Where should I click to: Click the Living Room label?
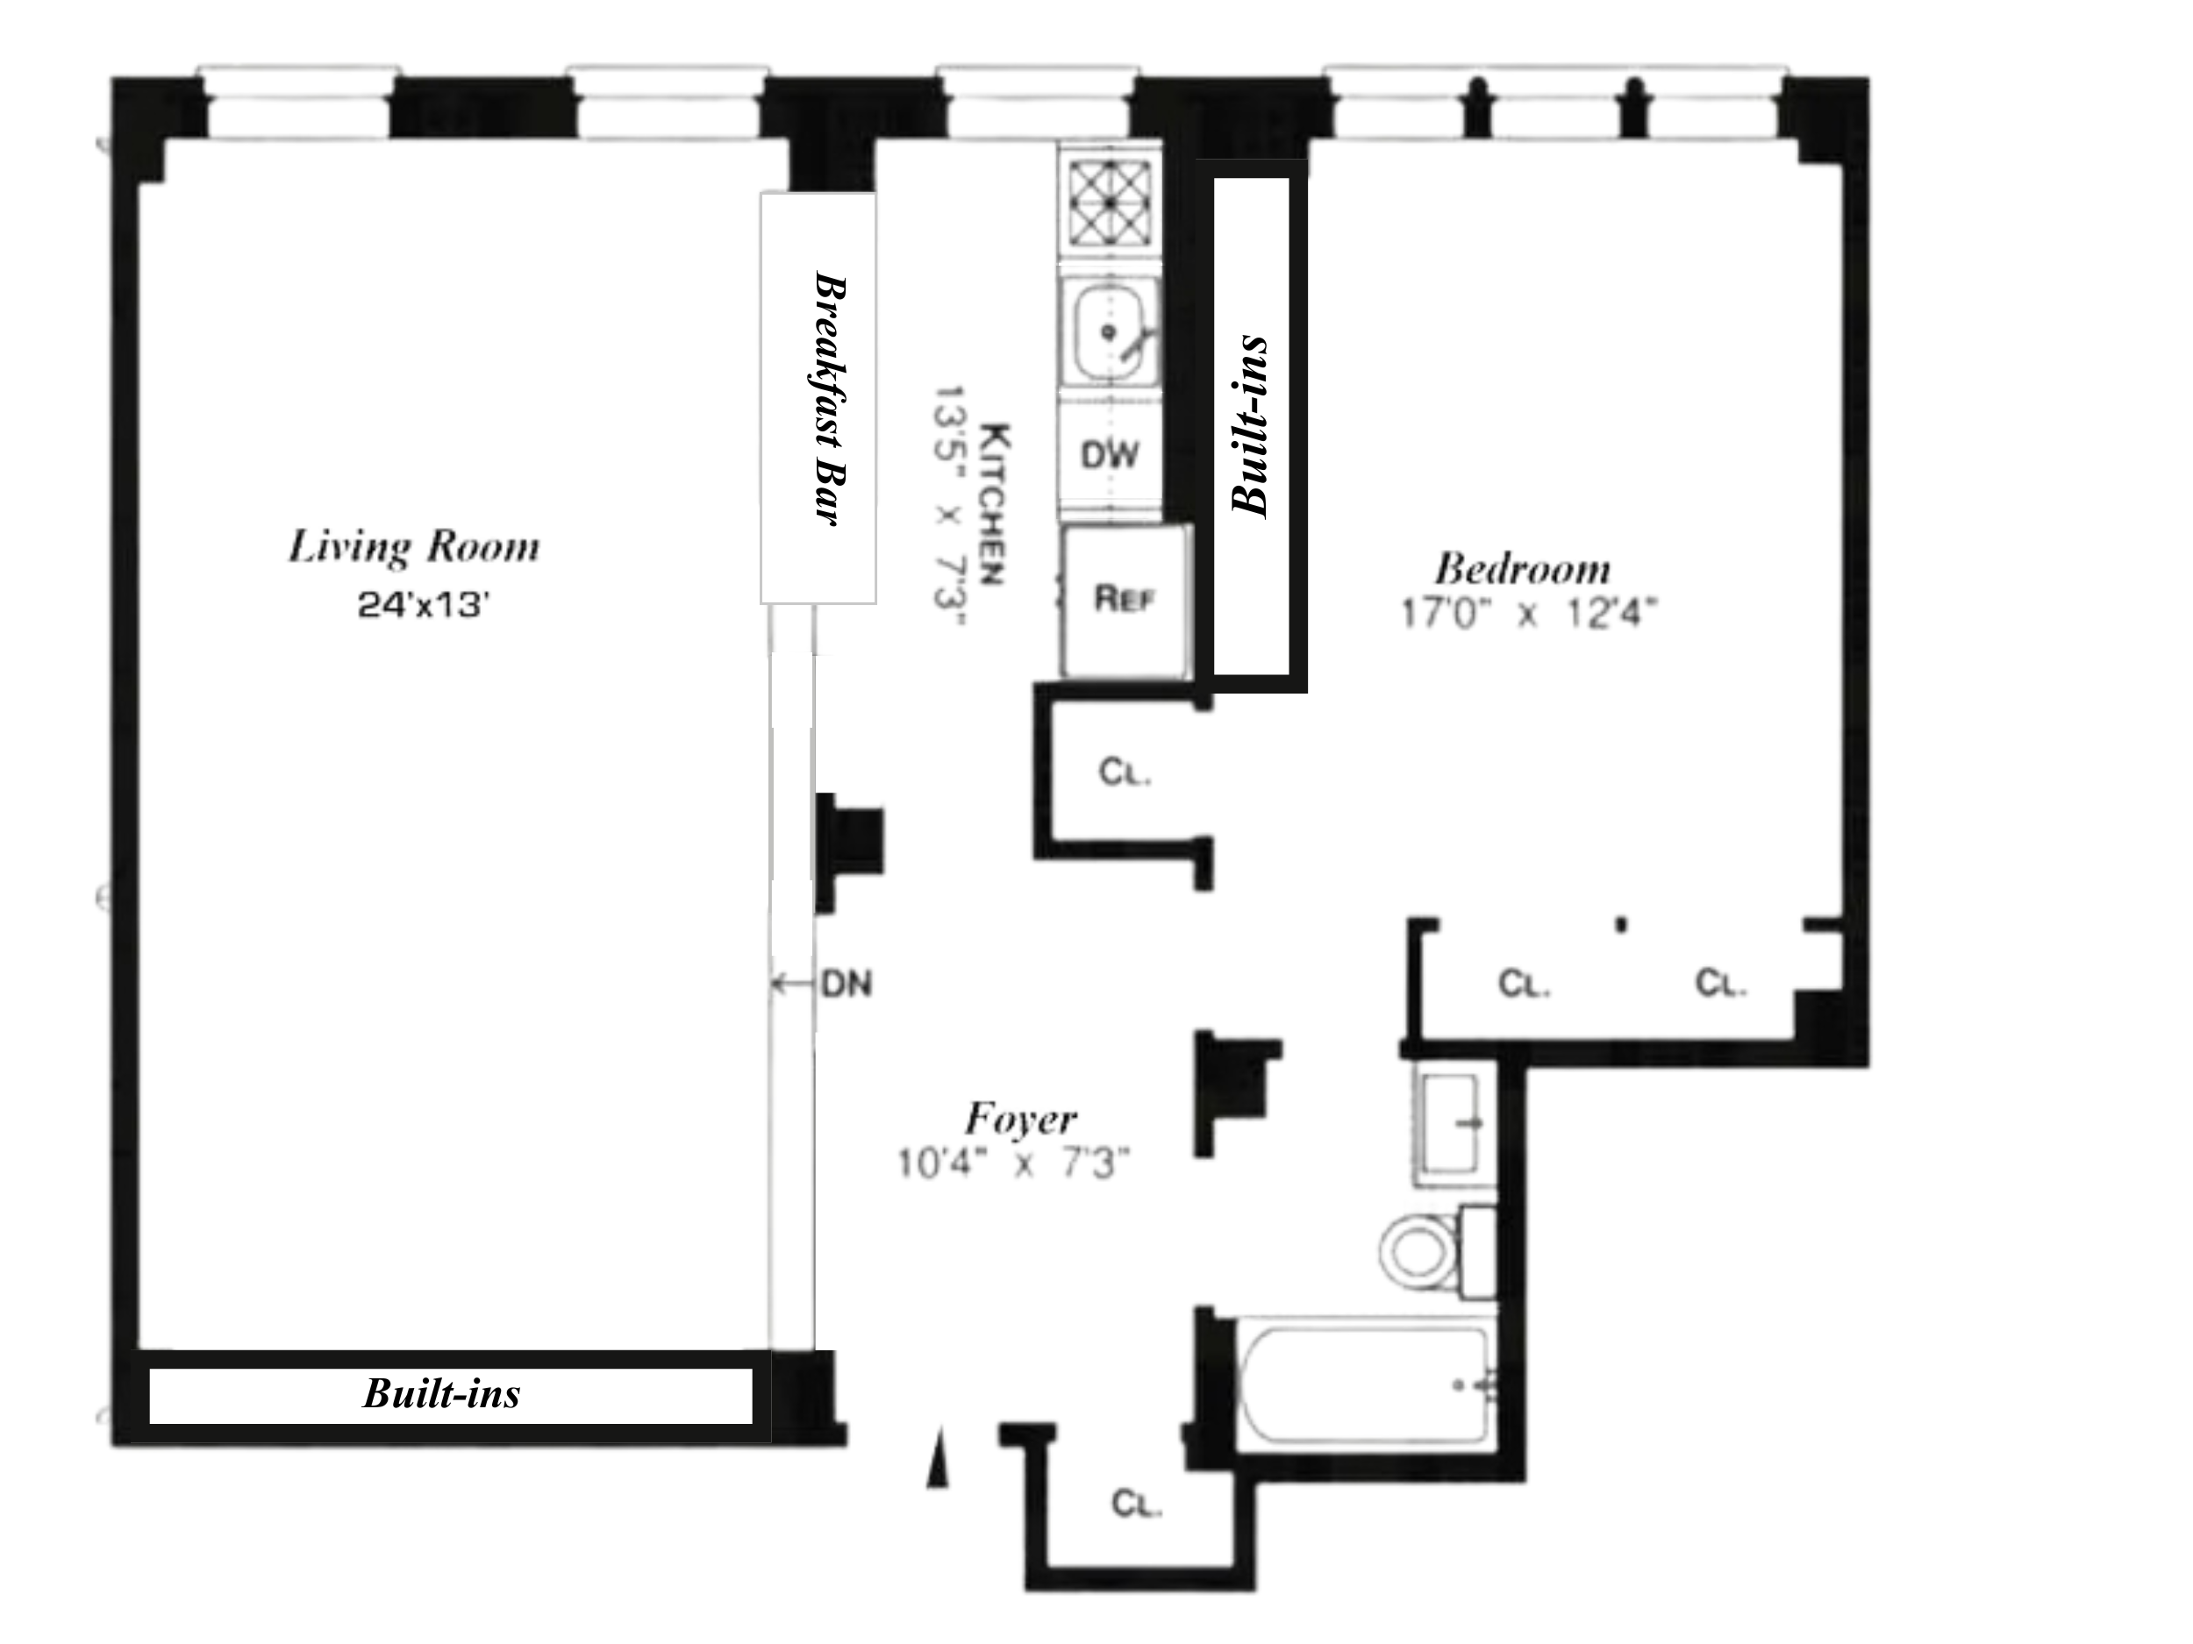[x=414, y=547]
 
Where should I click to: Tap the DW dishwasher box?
[x=1110, y=455]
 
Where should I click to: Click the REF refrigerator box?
[x=1125, y=600]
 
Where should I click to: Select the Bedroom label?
[x=1523, y=569]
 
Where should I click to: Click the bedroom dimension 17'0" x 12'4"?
[x=1528, y=614]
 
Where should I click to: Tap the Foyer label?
[x=1020, y=1119]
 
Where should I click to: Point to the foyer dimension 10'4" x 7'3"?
[x=1013, y=1164]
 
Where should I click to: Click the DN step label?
[x=846, y=984]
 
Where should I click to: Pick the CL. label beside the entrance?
[x=1136, y=1504]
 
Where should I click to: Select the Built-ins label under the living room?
[x=441, y=1393]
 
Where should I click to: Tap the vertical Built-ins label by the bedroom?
[x=1249, y=426]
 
